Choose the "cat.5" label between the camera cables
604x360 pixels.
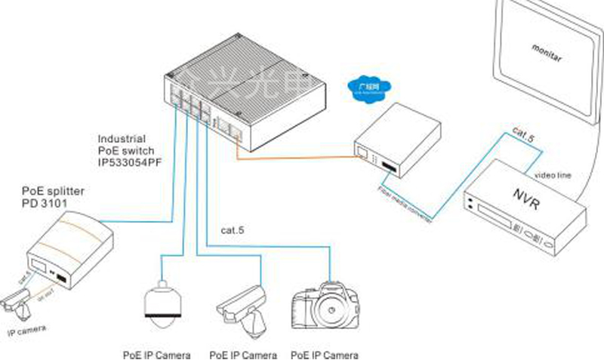pyautogui.click(x=235, y=229)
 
